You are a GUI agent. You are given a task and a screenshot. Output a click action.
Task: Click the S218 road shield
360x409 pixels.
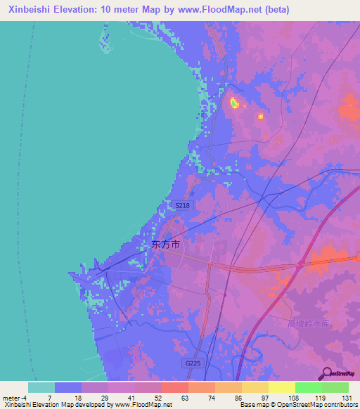[181, 204]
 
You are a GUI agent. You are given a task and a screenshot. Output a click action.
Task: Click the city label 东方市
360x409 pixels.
[166, 245]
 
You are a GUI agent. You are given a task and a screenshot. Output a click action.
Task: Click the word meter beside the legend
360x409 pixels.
[10, 397]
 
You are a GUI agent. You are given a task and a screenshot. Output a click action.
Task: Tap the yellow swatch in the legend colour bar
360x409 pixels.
[281, 387]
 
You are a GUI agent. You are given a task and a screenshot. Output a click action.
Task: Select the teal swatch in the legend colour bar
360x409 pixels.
[41, 387]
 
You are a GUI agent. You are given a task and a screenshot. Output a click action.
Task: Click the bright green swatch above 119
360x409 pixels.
[308, 387]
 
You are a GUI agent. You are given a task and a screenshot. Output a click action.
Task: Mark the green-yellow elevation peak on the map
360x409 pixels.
[234, 103]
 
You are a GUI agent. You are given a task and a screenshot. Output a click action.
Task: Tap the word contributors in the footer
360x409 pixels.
[340, 405]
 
